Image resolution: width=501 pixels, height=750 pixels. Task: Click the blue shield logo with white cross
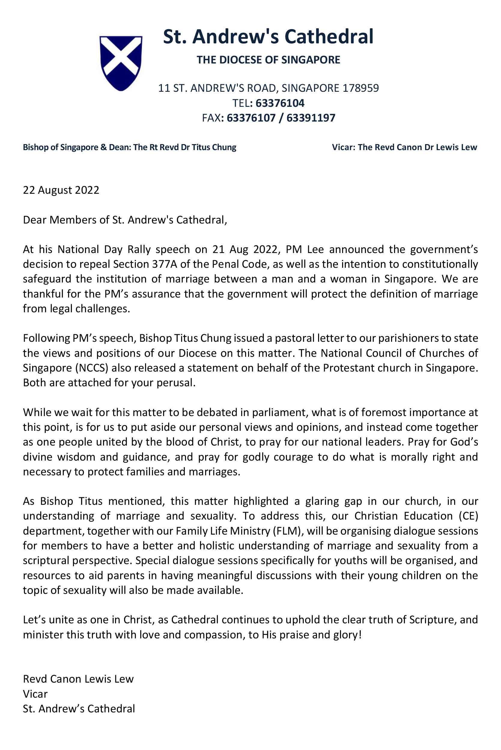(121, 63)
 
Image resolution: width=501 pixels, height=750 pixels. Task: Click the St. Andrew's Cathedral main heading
(268, 36)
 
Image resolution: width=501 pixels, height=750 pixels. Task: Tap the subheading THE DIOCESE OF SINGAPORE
(268, 60)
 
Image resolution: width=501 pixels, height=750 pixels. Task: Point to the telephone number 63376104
(280, 103)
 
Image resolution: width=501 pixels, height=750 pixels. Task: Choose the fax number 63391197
(311, 118)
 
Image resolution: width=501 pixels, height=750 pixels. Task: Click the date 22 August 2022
(61, 190)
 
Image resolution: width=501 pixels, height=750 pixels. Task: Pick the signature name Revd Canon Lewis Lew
(78, 679)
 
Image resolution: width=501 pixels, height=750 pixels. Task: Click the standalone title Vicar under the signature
(35, 694)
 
